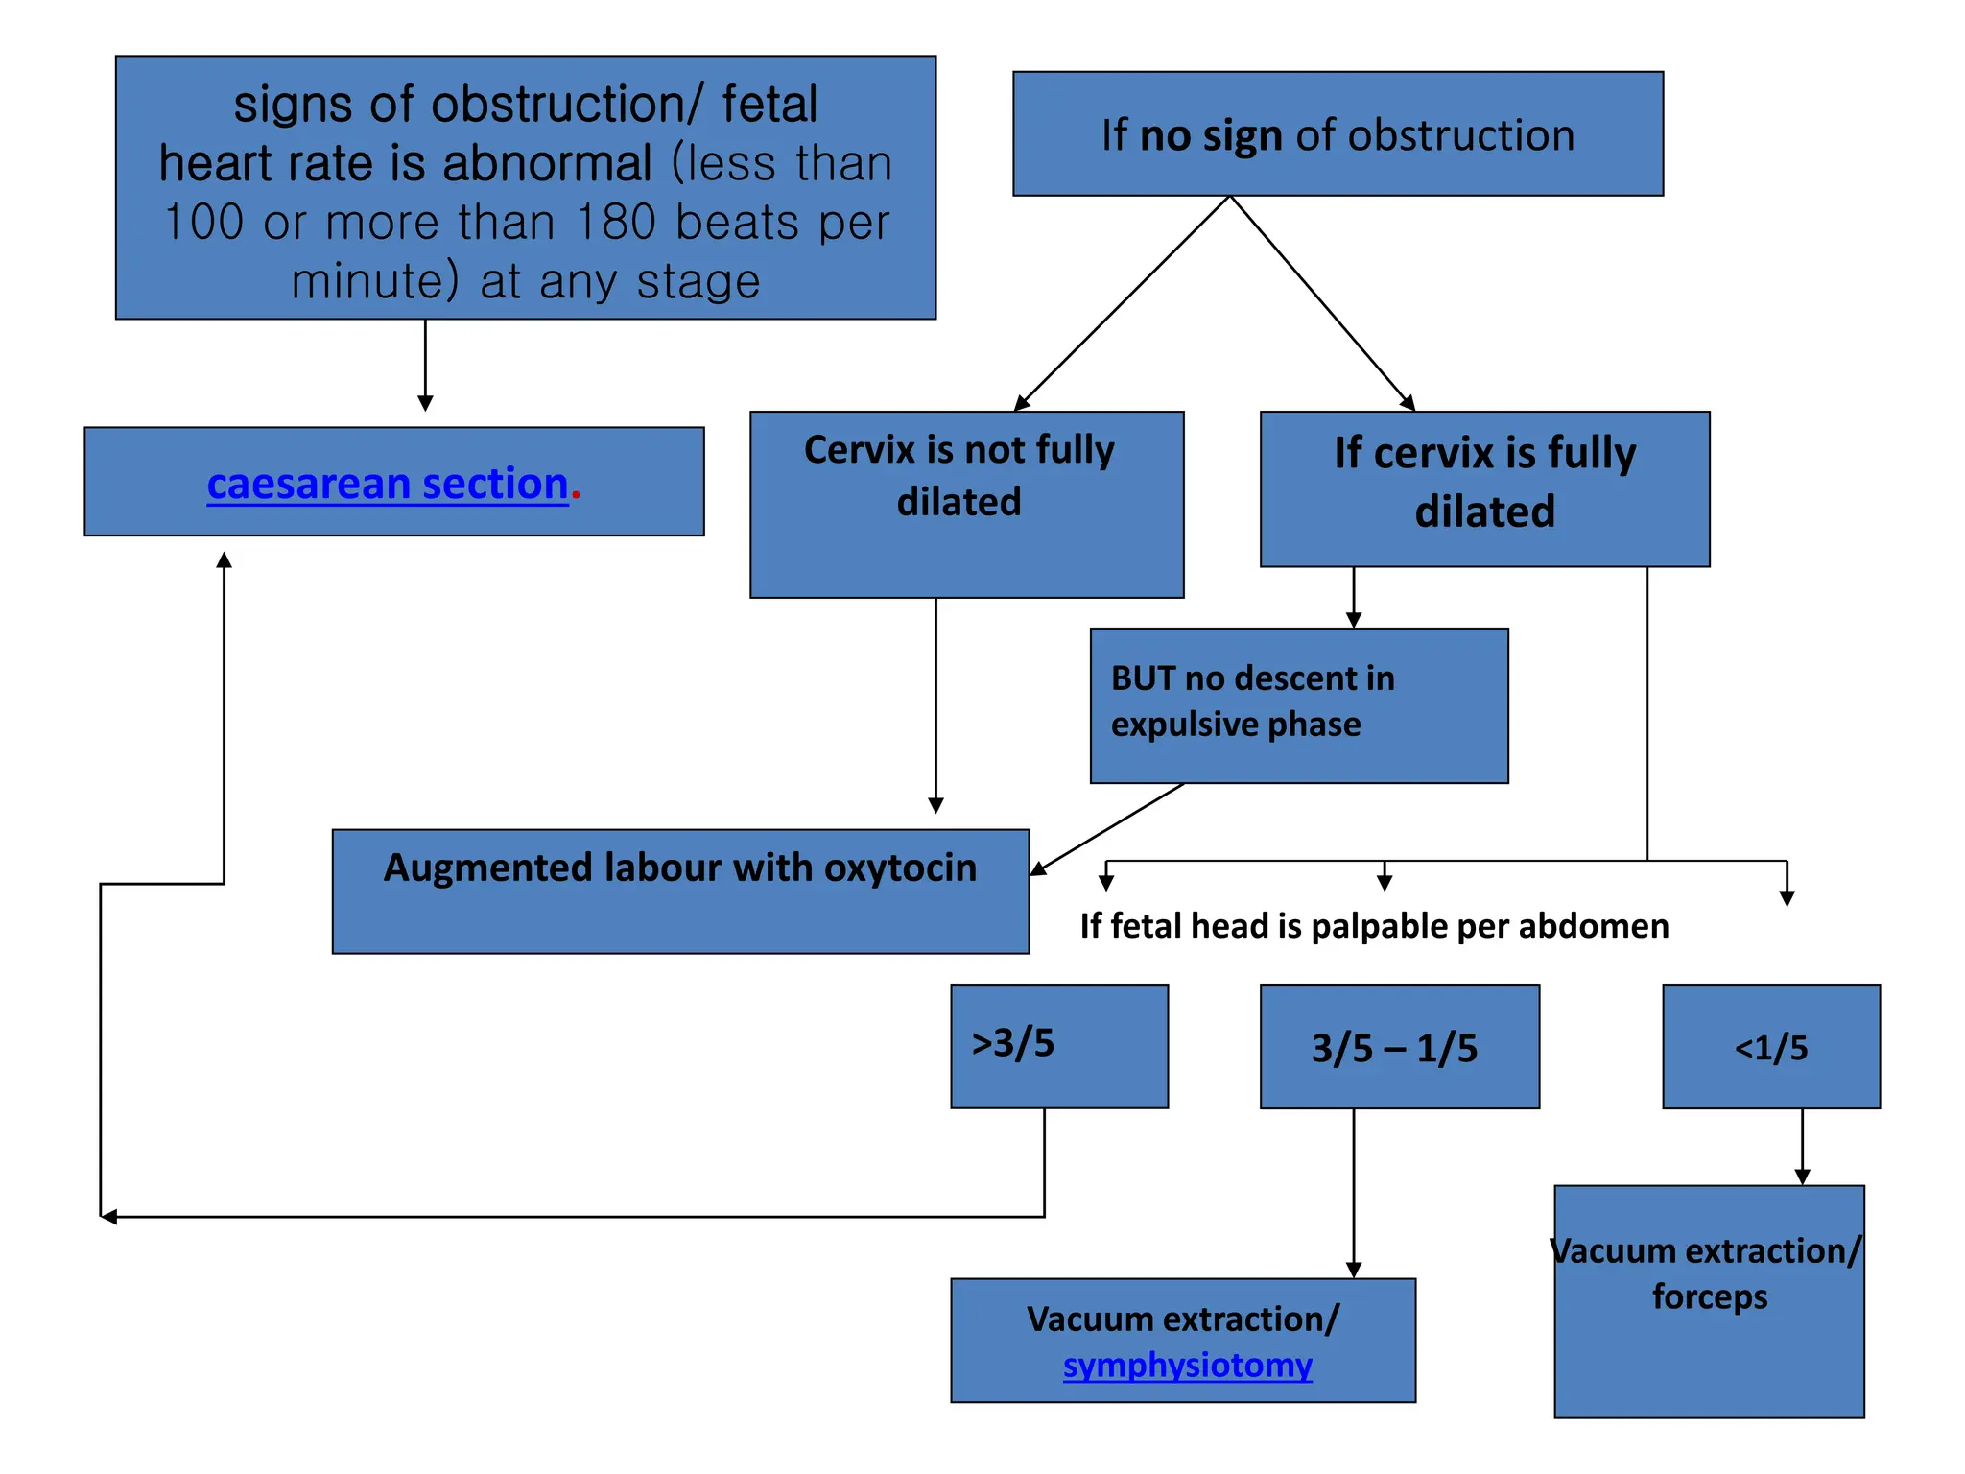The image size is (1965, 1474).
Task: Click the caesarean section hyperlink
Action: (388, 484)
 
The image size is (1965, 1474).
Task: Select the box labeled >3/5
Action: (1059, 1046)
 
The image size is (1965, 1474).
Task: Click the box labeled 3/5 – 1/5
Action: (1399, 1047)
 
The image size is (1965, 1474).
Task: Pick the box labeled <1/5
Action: (1770, 1047)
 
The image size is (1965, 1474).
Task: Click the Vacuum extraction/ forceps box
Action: (1709, 1343)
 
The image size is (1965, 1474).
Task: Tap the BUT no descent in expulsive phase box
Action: (1298, 705)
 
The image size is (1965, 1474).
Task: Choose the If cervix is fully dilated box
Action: (1484, 488)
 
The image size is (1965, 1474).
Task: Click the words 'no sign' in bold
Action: (1210, 135)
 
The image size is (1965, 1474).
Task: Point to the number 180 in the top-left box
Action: (616, 223)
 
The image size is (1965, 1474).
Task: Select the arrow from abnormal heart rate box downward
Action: (425, 366)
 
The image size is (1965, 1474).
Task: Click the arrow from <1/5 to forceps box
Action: (1802, 1147)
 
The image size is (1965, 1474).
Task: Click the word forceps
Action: (1709, 1296)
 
